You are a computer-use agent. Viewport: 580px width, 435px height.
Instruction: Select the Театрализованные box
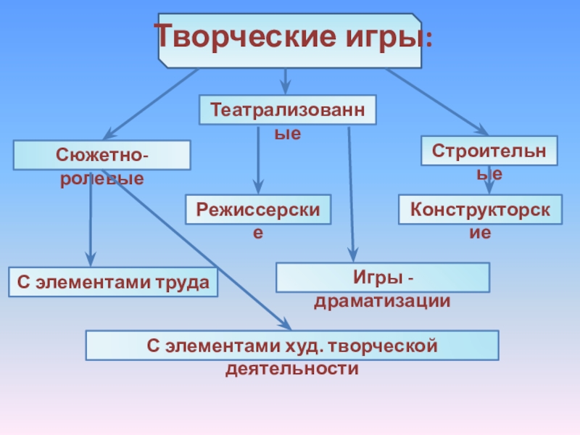(288, 109)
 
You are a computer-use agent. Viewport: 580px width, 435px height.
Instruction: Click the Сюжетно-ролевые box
(102, 155)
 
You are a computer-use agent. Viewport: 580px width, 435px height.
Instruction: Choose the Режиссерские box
(258, 209)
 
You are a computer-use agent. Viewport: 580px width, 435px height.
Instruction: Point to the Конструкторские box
(480, 209)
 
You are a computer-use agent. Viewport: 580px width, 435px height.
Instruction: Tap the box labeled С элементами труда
(113, 282)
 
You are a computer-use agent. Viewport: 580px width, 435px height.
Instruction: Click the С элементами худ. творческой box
(292, 345)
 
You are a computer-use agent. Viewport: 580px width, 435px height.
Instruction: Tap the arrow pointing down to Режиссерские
(258, 159)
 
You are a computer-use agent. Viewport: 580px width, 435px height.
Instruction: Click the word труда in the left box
(181, 282)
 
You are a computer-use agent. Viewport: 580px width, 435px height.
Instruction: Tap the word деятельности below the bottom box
(292, 369)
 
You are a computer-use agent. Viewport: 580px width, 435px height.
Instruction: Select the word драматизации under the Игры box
(382, 300)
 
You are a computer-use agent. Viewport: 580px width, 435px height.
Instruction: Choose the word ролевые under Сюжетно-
(101, 178)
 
